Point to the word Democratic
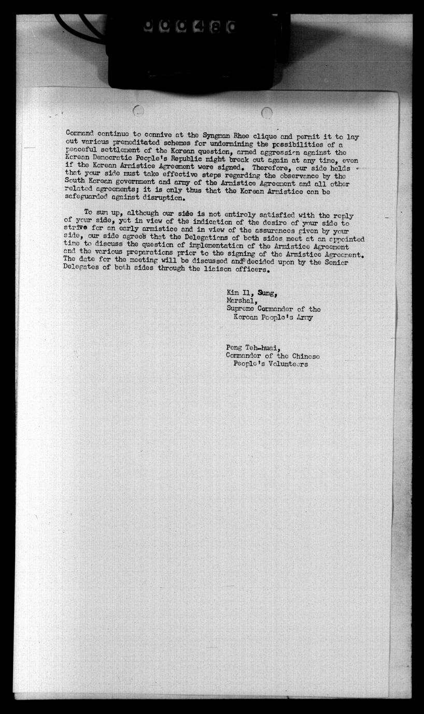click(x=114, y=159)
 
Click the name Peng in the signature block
click(x=234, y=348)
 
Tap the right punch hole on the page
click(x=267, y=112)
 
